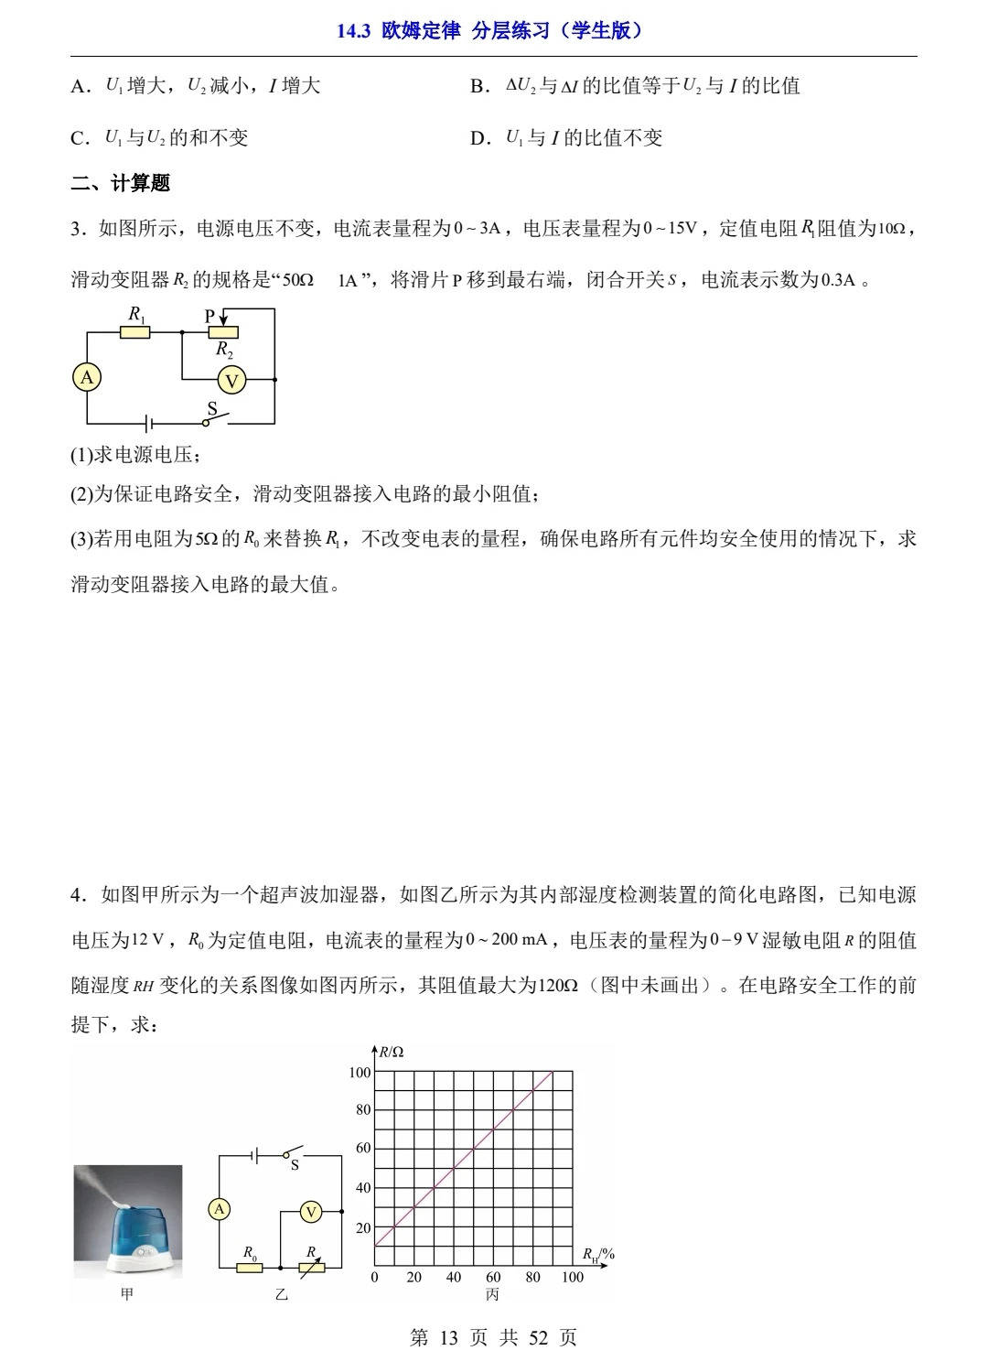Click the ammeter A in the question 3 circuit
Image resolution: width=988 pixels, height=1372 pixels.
click(x=87, y=378)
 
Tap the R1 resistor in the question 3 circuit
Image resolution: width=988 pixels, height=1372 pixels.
click(x=135, y=331)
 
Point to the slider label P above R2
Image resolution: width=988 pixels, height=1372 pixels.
click(x=209, y=316)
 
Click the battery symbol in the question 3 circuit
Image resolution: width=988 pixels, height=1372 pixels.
click(x=148, y=424)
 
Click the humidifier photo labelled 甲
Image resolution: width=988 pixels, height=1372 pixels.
click(x=128, y=1221)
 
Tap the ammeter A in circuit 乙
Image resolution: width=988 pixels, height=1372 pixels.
click(x=220, y=1210)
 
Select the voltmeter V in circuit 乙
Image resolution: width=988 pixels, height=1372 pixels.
click(x=311, y=1212)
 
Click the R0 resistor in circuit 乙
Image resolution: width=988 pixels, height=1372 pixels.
click(x=249, y=1268)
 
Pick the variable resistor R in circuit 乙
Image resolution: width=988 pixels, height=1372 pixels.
click(x=311, y=1268)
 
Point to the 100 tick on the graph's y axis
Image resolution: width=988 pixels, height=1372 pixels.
click(x=360, y=1072)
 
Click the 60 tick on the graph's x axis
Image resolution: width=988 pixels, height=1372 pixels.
click(x=493, y=1277)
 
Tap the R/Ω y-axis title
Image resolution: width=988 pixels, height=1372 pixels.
click(x=392, y=1052)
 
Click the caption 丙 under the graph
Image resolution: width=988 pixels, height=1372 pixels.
click(x=493, y=1294)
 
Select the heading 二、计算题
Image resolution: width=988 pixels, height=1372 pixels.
click(x=121, y=183)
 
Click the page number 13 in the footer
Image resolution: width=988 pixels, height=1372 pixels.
click(x=448, y=1338)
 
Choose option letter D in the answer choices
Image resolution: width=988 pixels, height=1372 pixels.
click(x=480, y=138)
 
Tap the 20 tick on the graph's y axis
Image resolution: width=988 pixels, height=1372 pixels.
click(x=363, y=1228)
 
